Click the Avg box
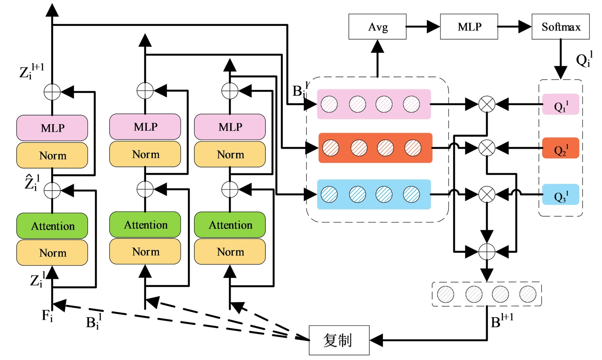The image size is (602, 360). [x=377, y=27]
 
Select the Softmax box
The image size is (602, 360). [x=560, y=27]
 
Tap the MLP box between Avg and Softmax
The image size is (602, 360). [x=469, y=27]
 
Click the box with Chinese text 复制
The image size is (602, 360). [x=339, y=340]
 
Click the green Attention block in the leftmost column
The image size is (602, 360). [x=52, y=226]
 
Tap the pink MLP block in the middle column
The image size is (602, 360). [x=145, y=127]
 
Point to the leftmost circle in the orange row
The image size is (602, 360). [x=331, y=148]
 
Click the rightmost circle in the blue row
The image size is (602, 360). [x=411, y=194]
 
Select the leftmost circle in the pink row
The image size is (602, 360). [x=329, y=104]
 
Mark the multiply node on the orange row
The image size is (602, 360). [x=486, y=148]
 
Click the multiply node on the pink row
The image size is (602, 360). [x=486, y=104]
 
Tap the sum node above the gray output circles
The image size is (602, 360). [x=486, y=251]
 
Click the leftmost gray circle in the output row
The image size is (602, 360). [x=445, y=294]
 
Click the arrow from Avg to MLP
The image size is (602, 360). [x=423, y=27]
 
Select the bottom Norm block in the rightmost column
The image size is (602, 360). [x=230, y=252]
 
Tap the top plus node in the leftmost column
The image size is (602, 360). [x=52, y=92]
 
